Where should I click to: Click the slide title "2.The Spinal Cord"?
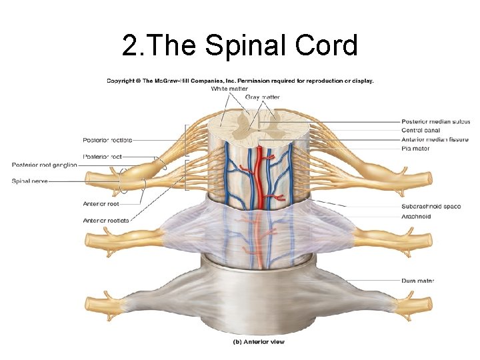click(240, 45)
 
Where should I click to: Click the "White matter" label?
click(229, 88)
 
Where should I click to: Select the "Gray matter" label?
click(263, 97)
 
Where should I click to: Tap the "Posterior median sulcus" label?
click(435, 122)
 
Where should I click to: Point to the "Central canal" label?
click(421, 131)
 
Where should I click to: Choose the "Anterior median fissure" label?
click(435, 140)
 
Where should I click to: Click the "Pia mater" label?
click(415, 149)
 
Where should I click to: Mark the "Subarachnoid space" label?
click(431, 207)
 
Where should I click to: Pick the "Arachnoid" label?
click(416, 216)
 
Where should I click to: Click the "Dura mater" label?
click(418, 281)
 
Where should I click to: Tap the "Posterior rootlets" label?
click(107, 140)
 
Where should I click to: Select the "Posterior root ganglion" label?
click(45, 165)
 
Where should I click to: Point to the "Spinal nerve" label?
click(29, 181)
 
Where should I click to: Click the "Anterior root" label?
click(101, 203)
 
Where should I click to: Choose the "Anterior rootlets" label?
click(106, 220)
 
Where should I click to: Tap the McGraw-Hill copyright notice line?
click(240, 81)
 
